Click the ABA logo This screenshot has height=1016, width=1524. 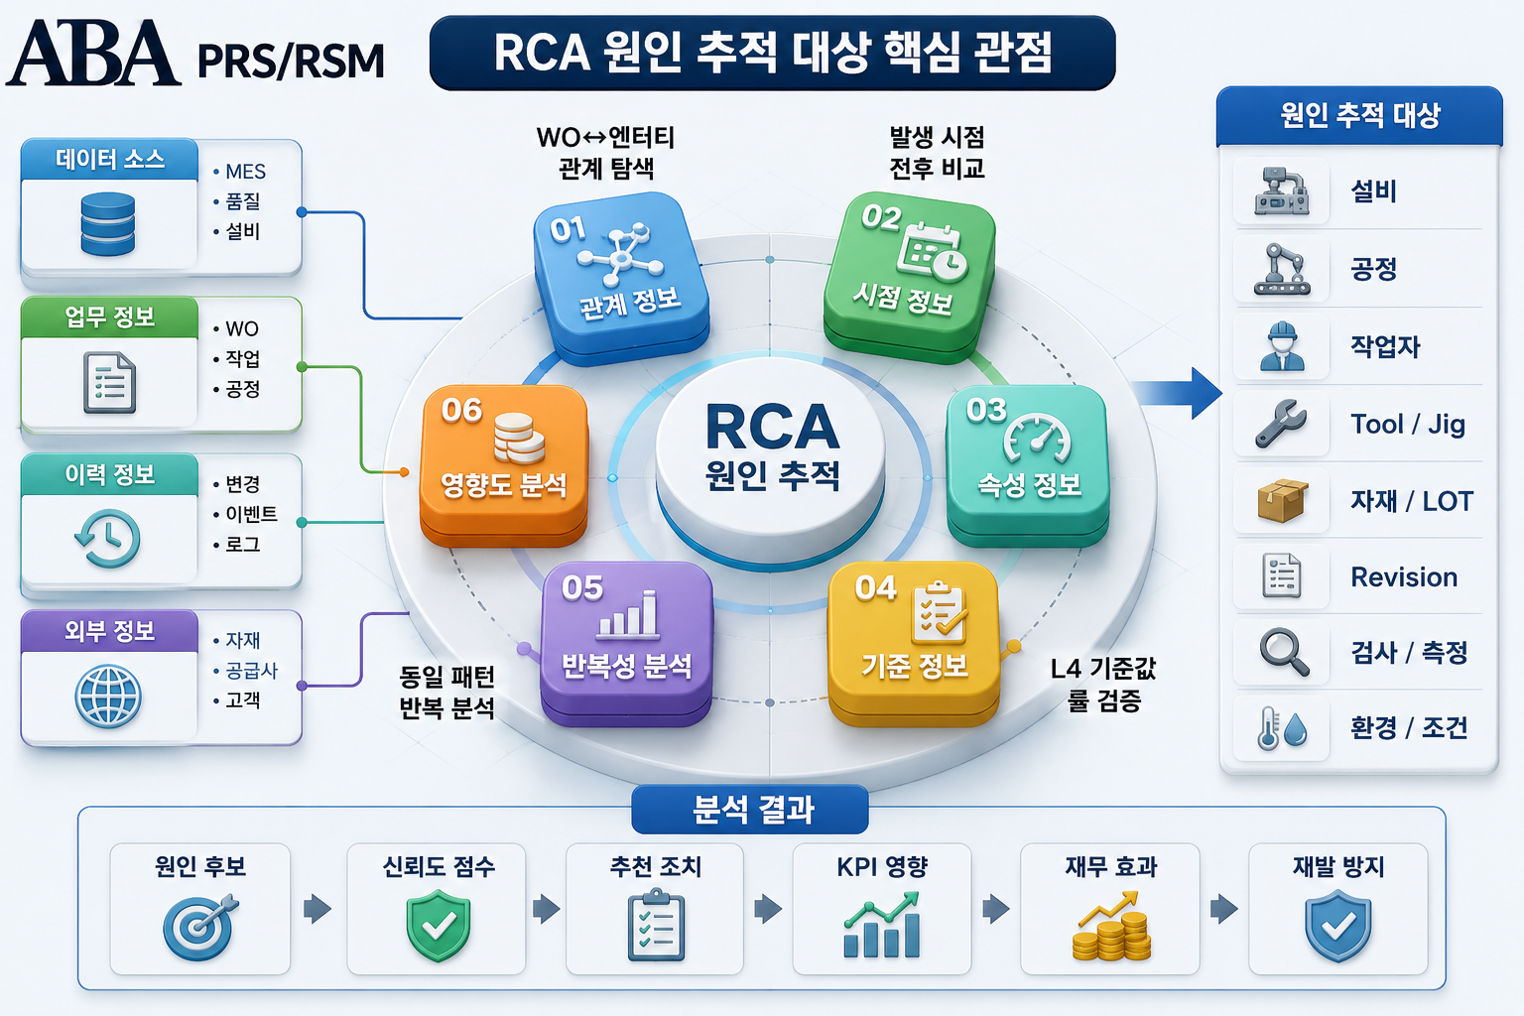(x=94, y=53)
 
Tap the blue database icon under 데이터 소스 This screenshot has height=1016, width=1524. (x=107, y=224)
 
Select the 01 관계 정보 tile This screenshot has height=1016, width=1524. (x=620, y=278)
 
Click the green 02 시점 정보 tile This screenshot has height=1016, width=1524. (x=910, y=278)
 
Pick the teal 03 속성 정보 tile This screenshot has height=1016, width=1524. (x=1027, y=465)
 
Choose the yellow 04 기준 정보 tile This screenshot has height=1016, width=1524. (x=914, y=643)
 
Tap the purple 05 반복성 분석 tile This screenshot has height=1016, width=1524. (x=627, y=643)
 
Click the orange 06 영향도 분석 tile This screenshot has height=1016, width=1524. (x=503, y=465)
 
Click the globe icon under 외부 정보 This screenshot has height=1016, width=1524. (x=108, y=697)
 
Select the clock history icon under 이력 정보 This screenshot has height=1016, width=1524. (x=107, y=539)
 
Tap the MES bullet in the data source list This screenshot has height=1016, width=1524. (x=239, y=172)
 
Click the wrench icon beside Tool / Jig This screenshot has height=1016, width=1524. (x=1281, y=424)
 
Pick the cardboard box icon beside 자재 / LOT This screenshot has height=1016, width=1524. (x=1283, y=500)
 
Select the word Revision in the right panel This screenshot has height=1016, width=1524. (x=1404, y=577)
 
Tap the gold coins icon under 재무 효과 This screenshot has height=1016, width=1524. (x=1111, y=927)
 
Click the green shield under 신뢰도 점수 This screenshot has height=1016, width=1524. (x=439, y=927)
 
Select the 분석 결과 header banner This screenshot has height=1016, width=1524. (x=750, y=809)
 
